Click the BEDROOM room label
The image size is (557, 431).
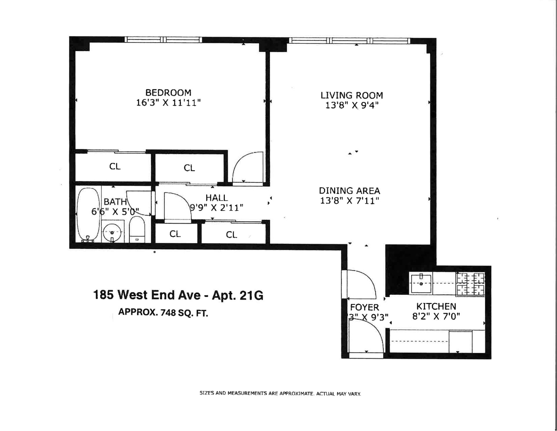pos(168,93)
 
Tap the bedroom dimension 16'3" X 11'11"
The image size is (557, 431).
pos(168,103)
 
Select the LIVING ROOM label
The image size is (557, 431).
pos(352,95)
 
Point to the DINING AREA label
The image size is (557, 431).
pos(349,191)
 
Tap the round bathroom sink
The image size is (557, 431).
pos(112,233)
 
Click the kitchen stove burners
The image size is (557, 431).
pos(471,284)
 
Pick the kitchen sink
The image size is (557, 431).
pos(421,283)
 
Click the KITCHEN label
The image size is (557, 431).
pos(436,306)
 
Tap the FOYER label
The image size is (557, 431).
pos(364,307)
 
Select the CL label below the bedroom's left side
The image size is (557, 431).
pos(115,166)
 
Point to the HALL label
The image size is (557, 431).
pos(216,198)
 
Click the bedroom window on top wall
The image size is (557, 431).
pos(163,39)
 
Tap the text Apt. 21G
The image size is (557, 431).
pos(238,295)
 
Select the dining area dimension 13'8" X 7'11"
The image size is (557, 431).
pos(349,201)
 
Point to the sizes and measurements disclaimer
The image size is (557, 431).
pos(280,394)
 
